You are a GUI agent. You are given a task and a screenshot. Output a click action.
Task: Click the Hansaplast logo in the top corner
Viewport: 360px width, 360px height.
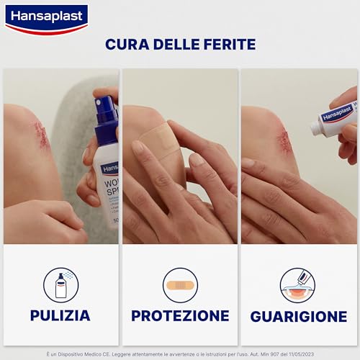click(46, 19)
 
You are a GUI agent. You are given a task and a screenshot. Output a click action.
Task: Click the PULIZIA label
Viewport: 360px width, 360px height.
click(60, 315)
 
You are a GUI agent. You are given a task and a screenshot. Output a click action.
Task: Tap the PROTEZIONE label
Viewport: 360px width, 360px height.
click(180, 315)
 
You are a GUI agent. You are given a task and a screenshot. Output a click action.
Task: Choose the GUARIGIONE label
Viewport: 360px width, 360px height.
click(298, 316)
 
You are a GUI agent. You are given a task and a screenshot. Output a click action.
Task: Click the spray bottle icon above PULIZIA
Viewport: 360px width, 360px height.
click(60, 284)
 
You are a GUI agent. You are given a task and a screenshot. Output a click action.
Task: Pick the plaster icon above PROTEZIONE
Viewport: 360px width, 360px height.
click(180, 284)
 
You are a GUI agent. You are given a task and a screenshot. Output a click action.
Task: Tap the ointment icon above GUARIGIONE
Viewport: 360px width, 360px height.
click(298, 284)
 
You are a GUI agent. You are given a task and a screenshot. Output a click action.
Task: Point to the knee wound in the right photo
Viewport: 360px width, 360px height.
click(284, 140)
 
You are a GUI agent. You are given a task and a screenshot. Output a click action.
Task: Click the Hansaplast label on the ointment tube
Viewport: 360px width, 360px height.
click(336, 114)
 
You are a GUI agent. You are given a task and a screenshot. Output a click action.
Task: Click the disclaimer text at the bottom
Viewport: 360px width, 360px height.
click(180, 353)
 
